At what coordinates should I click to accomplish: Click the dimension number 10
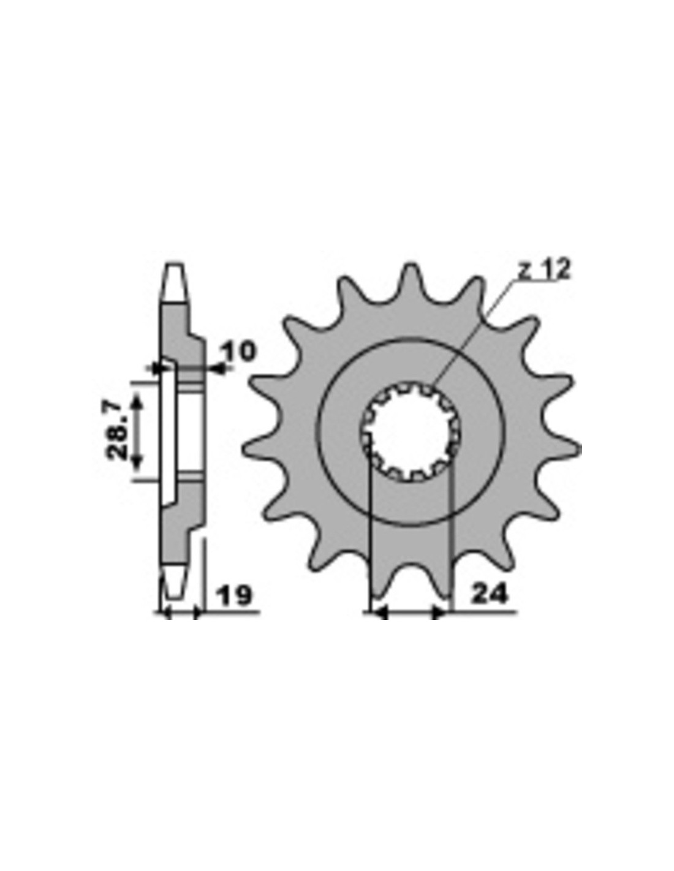coord(238,350)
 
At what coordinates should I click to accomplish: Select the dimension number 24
coord(488,594)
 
